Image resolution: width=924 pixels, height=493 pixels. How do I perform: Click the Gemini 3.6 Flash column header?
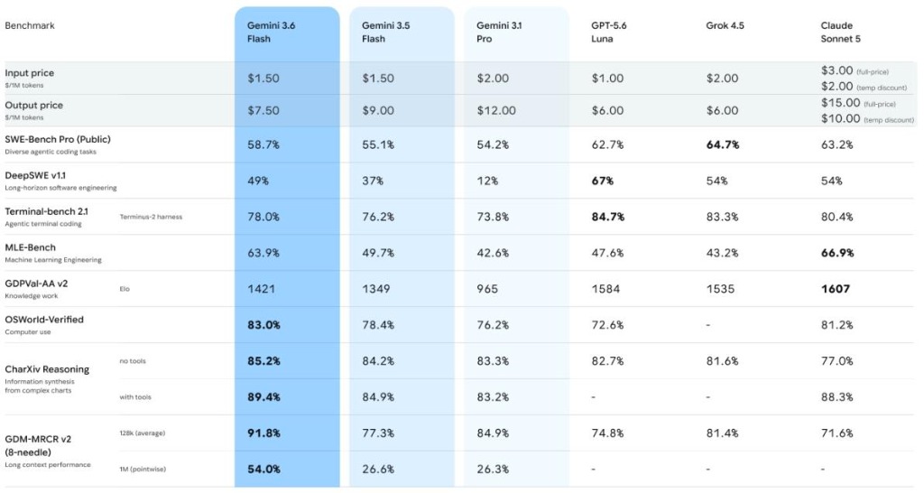[271, 32]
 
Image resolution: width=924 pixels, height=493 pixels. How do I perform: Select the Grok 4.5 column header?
[725, 25]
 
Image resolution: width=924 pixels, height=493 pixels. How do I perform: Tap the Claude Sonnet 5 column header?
[840, 32]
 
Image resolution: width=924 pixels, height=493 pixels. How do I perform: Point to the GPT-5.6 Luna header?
[609, 32]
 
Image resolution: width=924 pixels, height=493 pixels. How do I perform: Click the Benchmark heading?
[30, 25]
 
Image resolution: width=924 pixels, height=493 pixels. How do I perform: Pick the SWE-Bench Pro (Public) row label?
[58, 139]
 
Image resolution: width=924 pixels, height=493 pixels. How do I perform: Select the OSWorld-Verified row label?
[44, 320]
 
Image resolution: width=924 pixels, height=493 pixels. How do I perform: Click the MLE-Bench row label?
[30, 247]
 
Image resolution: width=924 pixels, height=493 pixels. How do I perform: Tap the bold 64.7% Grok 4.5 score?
[723, 144]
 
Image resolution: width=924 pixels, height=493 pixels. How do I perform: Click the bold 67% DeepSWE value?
[602, 181]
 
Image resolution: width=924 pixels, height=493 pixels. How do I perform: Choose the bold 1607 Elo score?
[835, 289]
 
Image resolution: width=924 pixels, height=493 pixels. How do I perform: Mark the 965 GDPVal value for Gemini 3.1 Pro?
[487, 289]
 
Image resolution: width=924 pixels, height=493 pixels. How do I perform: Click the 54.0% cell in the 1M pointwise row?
[263, 470]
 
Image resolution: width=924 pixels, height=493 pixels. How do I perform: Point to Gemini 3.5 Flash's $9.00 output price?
[378, 110]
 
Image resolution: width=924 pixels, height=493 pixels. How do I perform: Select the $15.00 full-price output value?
[841, 103]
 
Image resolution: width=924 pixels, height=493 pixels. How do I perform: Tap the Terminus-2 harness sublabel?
[151, 217]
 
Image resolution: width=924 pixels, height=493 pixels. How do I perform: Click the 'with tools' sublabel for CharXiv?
[135, 397]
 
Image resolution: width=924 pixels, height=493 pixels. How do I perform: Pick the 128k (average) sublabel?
[142, 433]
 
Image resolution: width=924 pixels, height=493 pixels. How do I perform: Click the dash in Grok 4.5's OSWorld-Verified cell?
[708, 325]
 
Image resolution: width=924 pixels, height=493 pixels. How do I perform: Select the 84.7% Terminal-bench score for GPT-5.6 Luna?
[607, 217]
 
